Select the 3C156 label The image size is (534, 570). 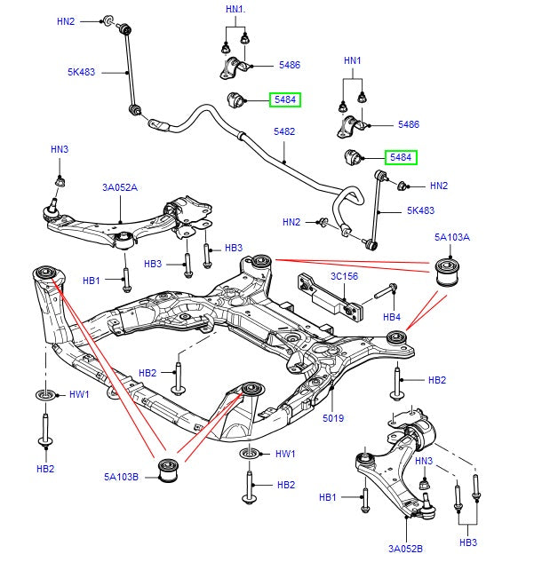344,276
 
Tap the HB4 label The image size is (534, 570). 392,316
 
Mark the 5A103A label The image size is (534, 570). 452,238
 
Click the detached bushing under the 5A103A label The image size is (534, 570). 450,271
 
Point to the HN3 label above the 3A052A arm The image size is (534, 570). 59,149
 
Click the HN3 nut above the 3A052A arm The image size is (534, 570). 60,181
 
